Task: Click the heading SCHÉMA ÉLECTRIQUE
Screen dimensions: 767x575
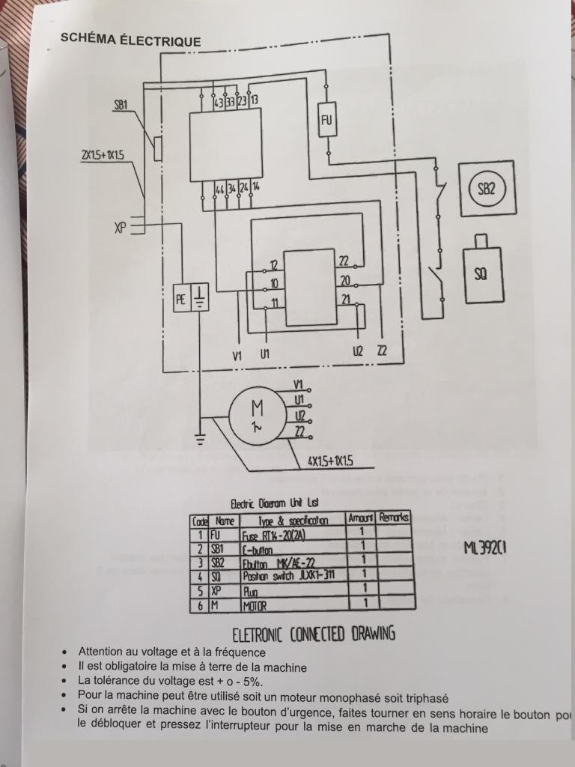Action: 130,41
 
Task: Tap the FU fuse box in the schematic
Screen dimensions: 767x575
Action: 328,120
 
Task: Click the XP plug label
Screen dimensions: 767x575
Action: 121,226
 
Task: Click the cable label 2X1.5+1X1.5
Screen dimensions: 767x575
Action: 103,155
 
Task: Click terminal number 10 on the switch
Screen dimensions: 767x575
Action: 275,283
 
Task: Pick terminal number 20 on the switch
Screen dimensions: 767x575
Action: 345,281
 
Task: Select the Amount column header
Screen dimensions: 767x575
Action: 361,518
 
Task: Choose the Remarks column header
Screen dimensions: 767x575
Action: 395,518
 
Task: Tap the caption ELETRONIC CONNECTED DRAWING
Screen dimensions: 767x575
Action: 314,634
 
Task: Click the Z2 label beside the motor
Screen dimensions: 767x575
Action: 299,431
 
